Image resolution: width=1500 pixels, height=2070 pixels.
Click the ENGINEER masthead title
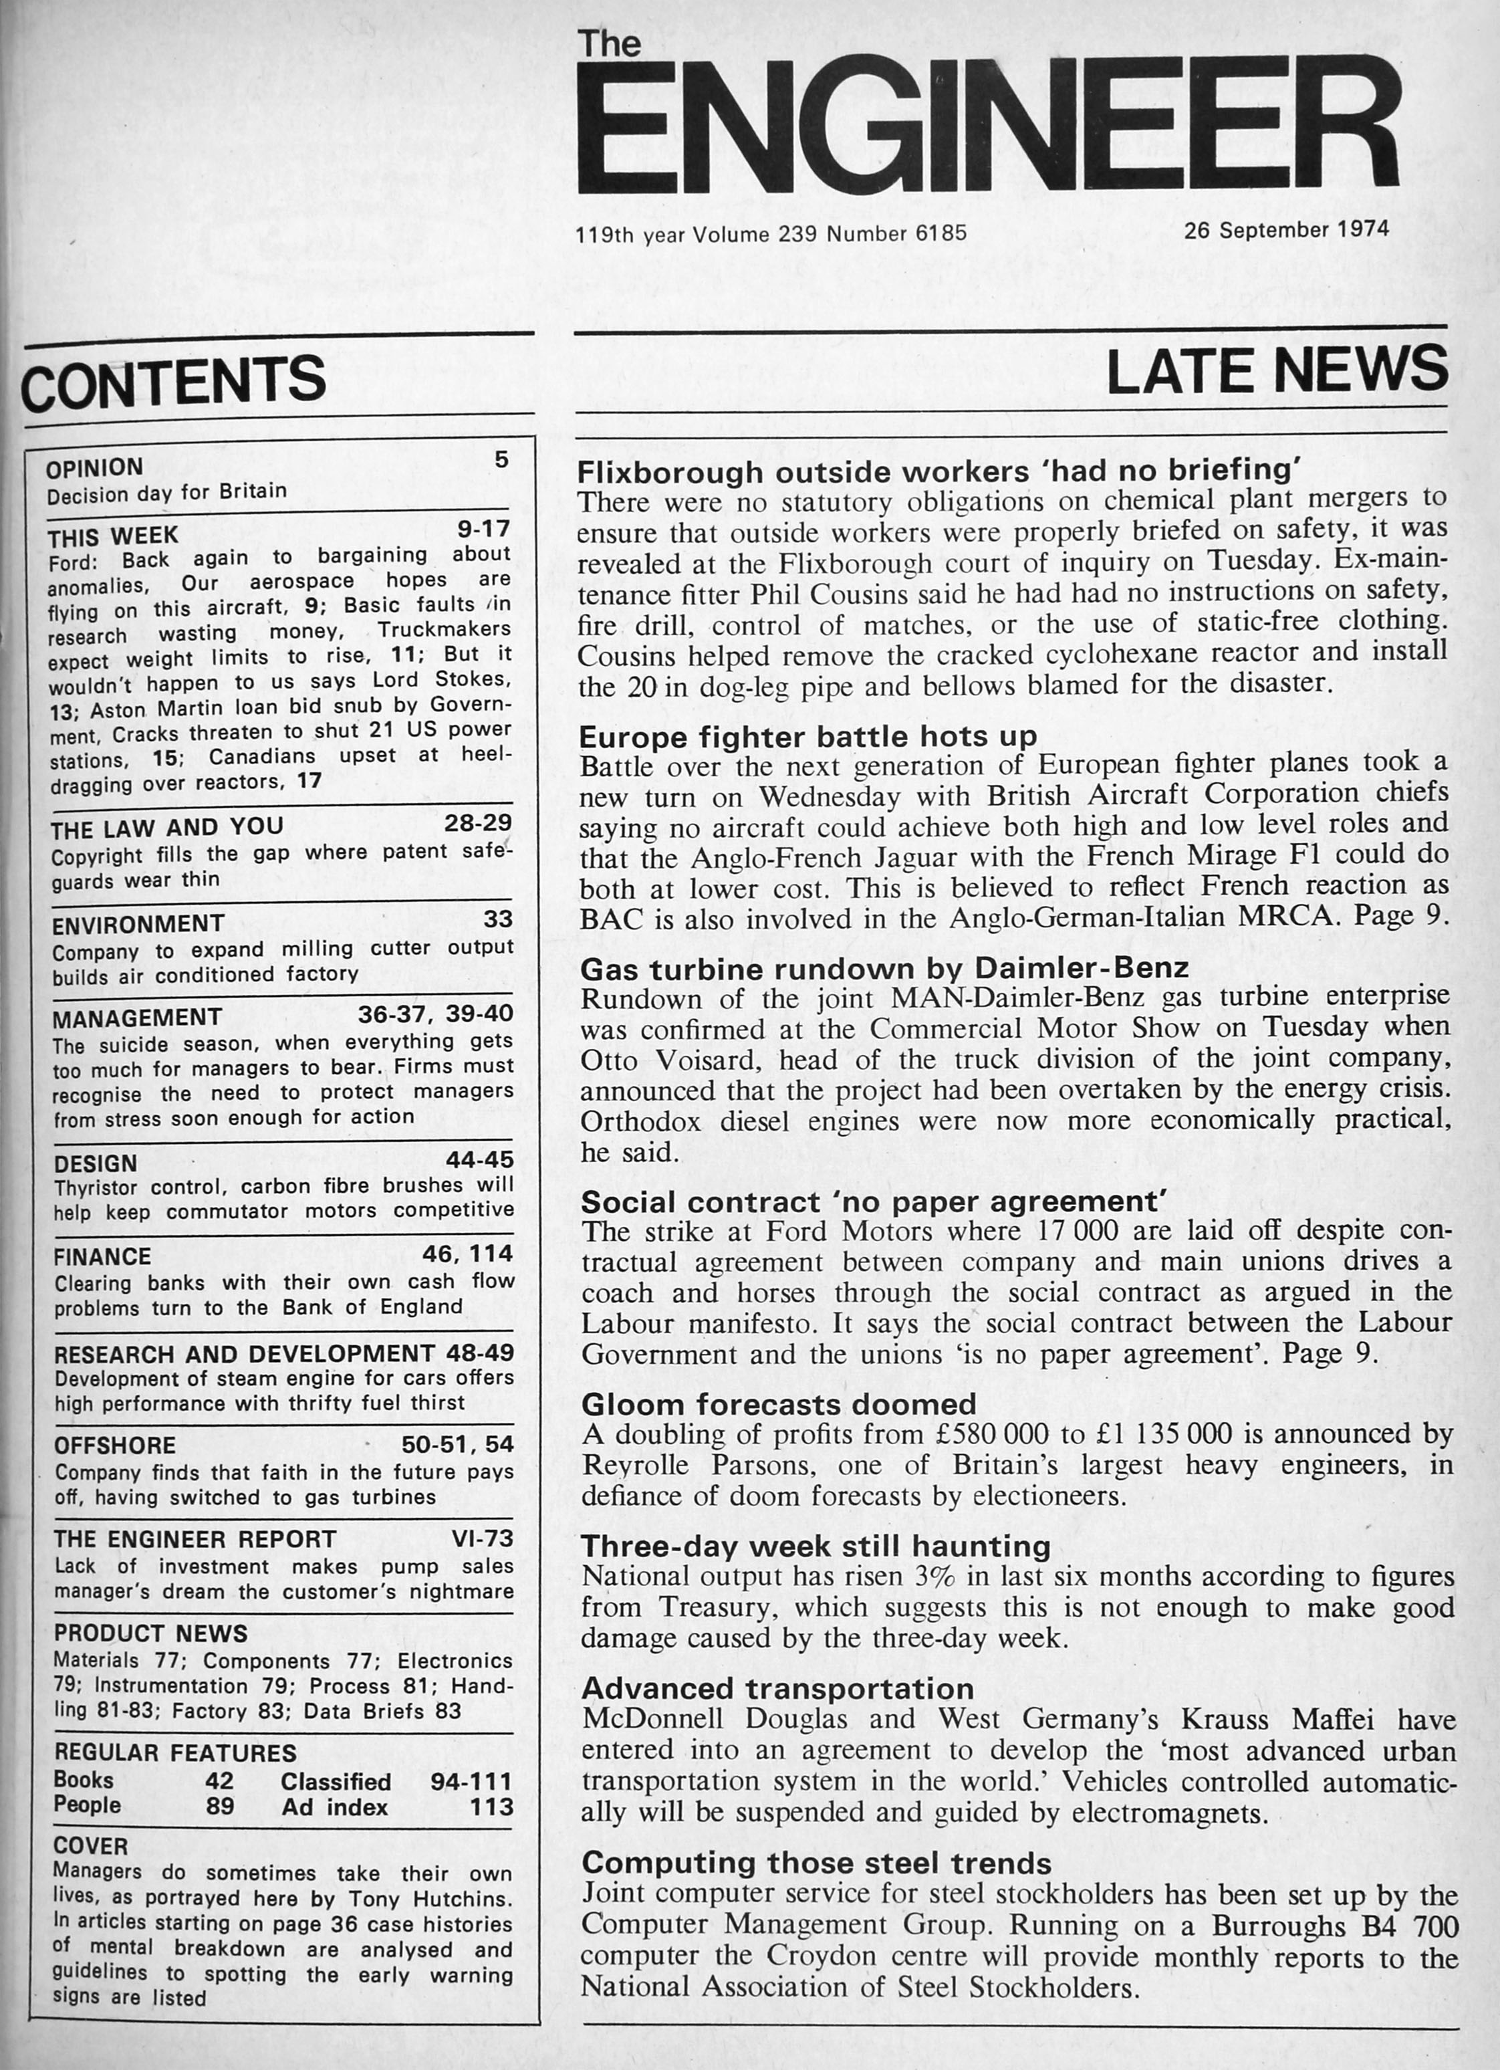(987, 122)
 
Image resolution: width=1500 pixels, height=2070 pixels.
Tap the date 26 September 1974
(1287, 229)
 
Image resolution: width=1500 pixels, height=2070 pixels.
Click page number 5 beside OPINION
(501, 460)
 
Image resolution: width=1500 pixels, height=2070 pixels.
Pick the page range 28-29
(478, 822)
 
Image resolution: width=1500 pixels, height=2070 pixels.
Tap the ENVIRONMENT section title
(138, 925)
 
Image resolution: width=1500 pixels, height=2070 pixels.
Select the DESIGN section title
(96, 1163)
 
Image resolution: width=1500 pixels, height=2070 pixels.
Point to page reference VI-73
(483, 1539)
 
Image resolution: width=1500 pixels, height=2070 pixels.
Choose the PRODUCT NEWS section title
(150, 1633)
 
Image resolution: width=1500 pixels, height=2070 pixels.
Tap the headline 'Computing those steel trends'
(817, 1862)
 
